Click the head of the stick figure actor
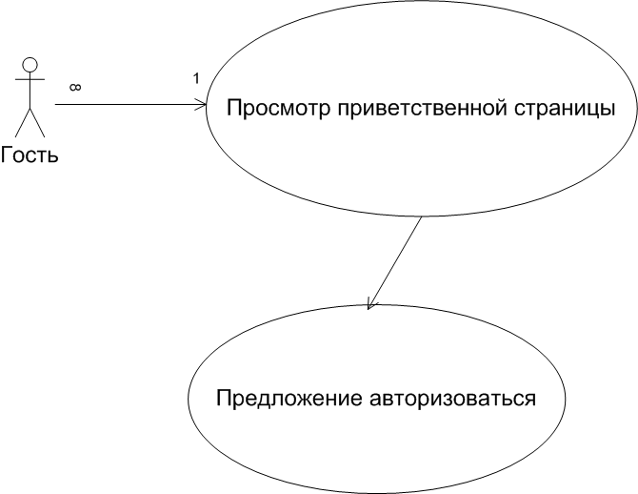point(30,65)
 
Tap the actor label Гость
point(30,154)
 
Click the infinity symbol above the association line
point(75,87)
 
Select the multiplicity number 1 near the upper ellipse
point(196,78)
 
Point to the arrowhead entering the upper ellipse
point(202,105)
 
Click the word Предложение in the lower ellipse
point(289,399)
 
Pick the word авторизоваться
point(453,399)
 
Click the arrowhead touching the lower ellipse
point(371,303)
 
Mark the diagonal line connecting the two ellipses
point(394,263)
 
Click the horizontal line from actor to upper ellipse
point(130,105)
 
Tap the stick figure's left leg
point(23,122)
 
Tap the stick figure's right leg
point(37,122)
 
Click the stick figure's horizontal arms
point(30,79)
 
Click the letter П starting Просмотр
point(234,109)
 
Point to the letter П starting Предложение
point(224,398)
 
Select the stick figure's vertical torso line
point(30,91)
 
